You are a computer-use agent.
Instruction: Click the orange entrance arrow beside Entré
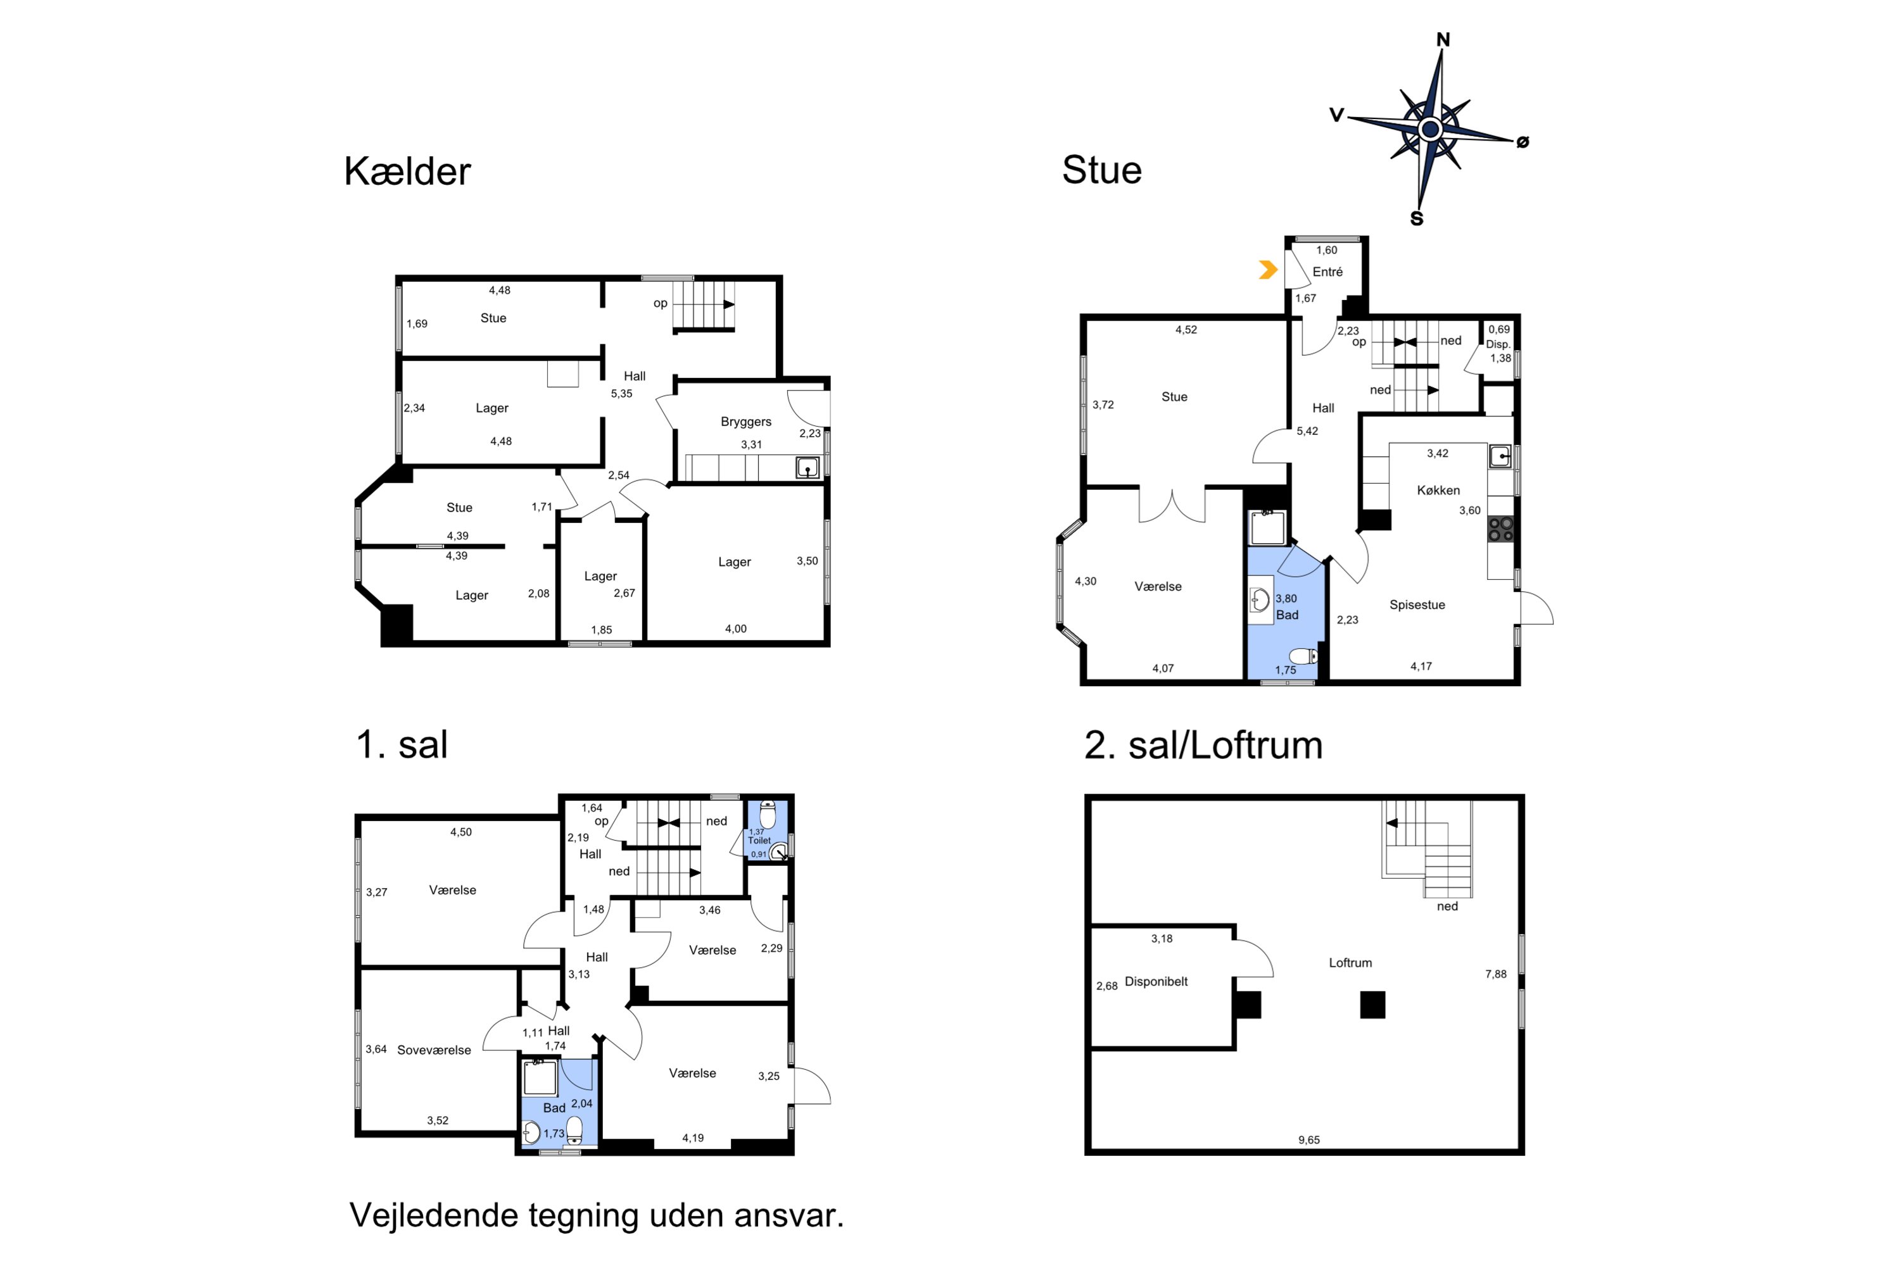pos(1267,270)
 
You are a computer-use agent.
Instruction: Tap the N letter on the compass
pos(1443,39)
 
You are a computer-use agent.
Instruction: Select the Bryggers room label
pos(745,422)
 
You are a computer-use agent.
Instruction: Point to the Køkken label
pos(1438,490)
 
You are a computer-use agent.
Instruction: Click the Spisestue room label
pos(1417,605)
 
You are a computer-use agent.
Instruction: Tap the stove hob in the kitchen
pos(1500,530)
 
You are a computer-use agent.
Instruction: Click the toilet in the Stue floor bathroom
pos(1303,656)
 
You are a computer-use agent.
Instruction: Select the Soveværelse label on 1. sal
pos(434,1050)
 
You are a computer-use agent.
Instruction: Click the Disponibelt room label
pos(1156,981)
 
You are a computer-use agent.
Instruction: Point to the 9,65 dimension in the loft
pos(1308,1140)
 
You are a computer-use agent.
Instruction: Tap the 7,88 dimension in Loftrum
pos(1495,974)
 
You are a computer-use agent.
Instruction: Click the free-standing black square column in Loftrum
pos(1372,1005)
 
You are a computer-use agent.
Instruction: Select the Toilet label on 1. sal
pos(759,841)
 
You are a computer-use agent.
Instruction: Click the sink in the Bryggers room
pos(807,468)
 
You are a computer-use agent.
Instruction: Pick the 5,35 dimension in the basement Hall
pos(621,394)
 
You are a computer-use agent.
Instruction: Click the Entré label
pos(1327,272)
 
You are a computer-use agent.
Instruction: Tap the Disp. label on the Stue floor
pos(1498,344)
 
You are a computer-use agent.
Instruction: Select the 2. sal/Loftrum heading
pos(1203,744)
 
